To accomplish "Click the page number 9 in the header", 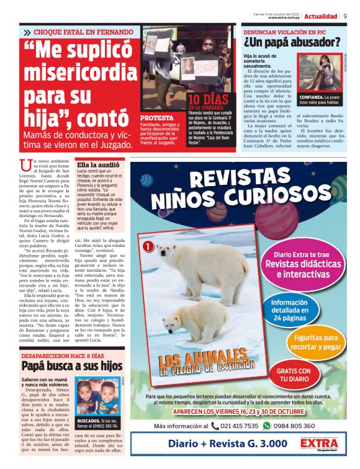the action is point(344,16).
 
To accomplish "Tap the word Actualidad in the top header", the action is point(321,16).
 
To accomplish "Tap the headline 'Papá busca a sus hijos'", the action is point(72,366).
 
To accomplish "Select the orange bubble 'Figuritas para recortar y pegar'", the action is point(317,341).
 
